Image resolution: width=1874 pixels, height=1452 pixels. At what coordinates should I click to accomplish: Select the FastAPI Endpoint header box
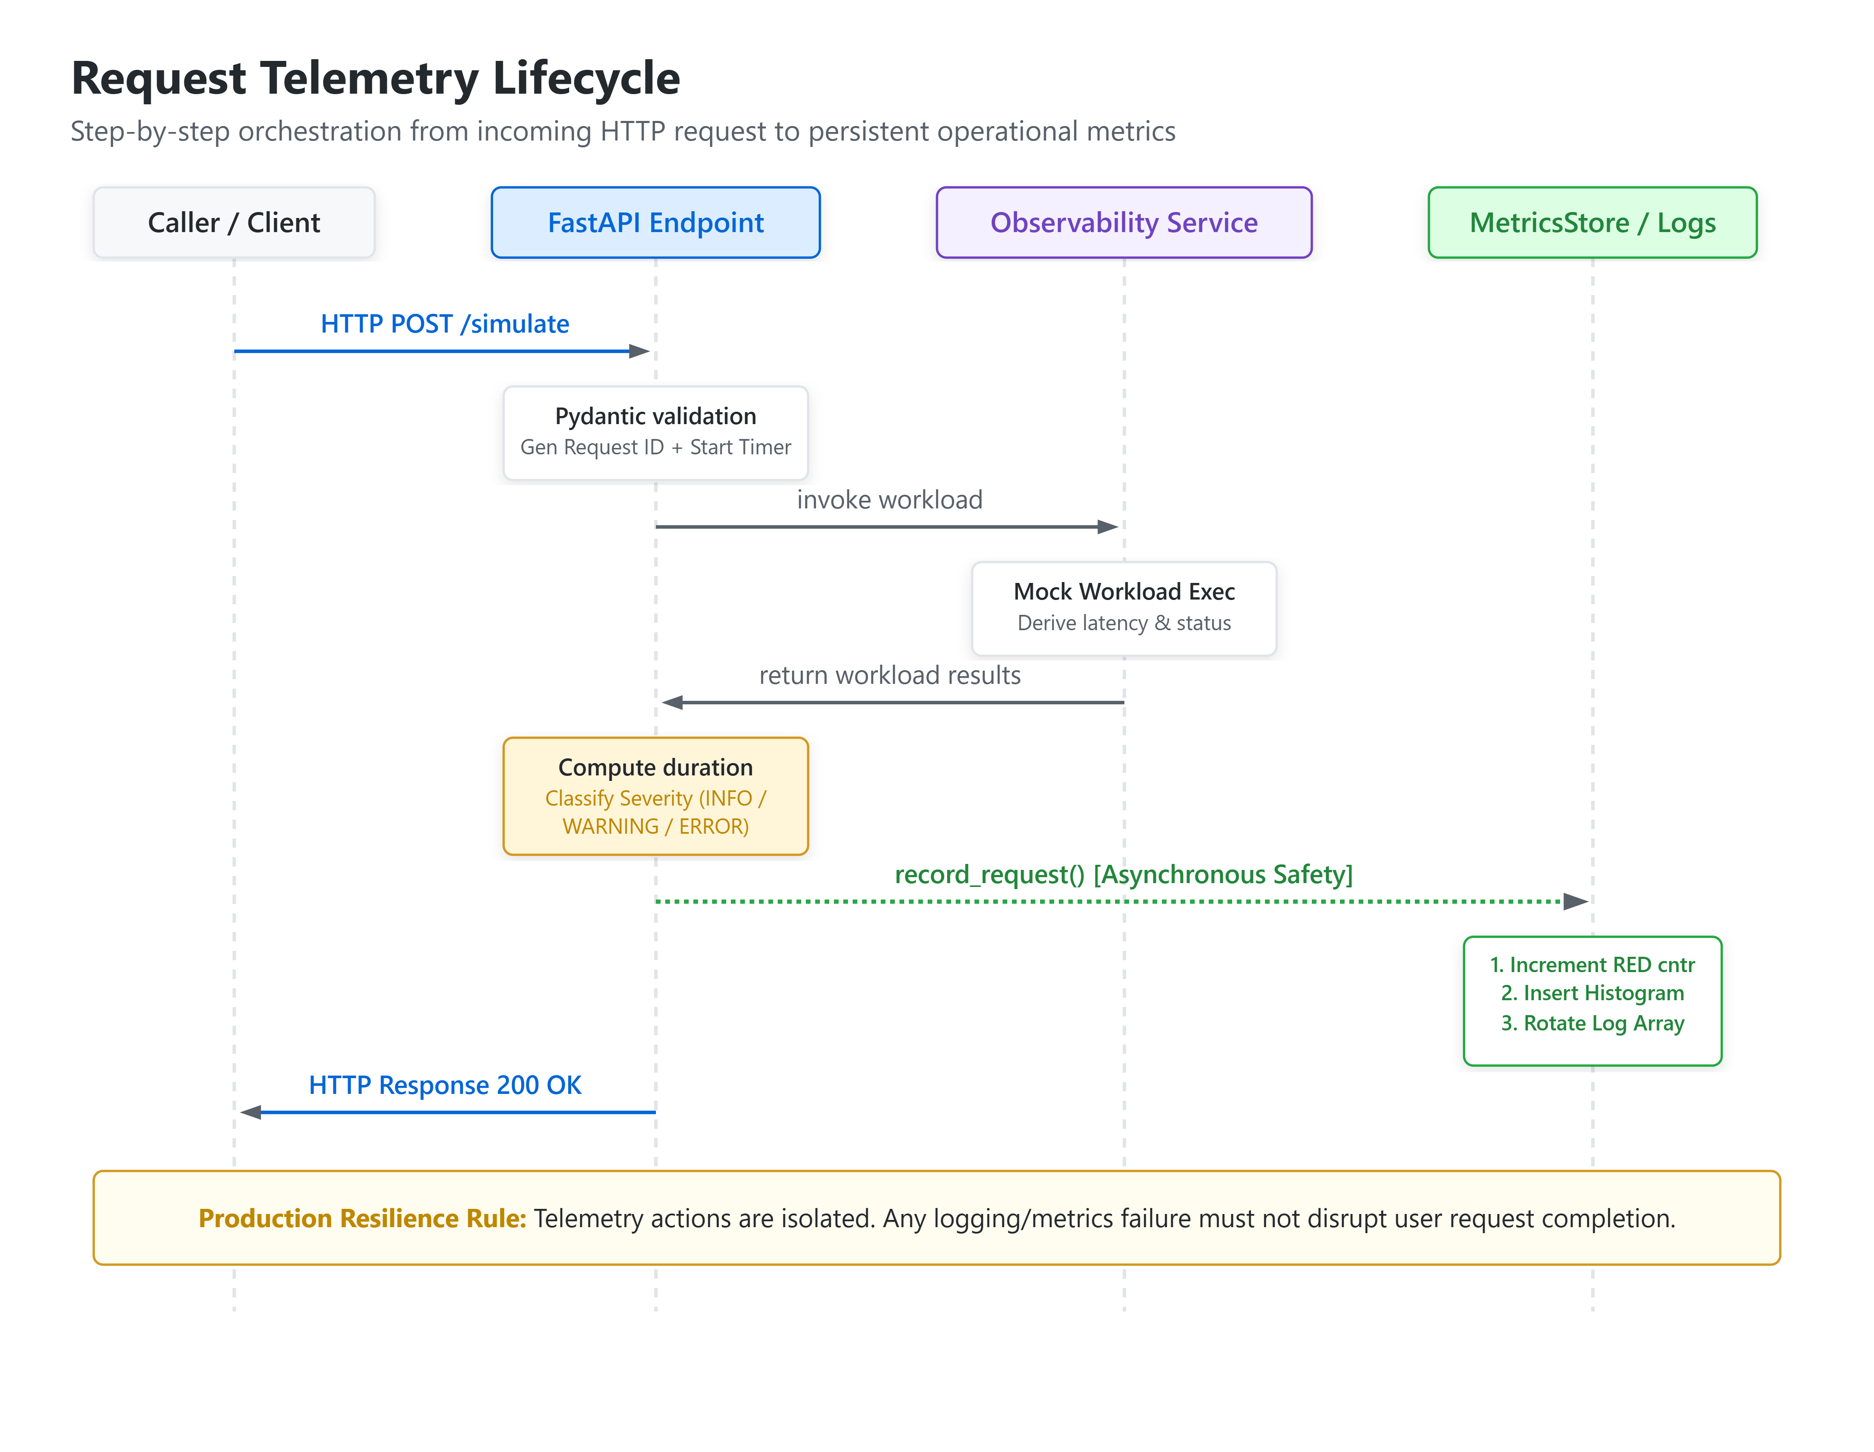[x=655, y=222]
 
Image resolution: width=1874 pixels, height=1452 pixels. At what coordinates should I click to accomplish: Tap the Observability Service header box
[x=1124, y=222]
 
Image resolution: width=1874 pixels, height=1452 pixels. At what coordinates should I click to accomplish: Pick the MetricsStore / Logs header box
[x=1592, y=222]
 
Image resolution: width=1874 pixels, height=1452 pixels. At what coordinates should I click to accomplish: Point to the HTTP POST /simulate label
[x=445, y=323]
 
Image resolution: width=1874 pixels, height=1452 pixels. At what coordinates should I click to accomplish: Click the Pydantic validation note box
[x=655, y=432]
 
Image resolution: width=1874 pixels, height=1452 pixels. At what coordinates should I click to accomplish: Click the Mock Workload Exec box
[x=1124, y=608]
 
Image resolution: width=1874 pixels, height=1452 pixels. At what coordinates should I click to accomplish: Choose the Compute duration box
[x=655, y=796]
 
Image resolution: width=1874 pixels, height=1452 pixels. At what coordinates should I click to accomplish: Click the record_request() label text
[x=989, y=874]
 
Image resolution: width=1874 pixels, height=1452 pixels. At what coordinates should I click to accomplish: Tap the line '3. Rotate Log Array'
[x=1592, y=1023]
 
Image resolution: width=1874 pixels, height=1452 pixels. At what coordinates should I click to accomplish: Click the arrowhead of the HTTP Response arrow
[x=250, y=1112]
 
